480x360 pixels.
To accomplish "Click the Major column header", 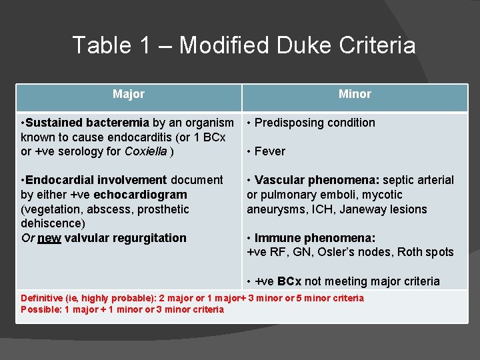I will pos(129,94).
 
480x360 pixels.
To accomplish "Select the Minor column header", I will pos(355,94).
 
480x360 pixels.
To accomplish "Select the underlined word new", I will pos(49,238).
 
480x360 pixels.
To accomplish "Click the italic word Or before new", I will pos(27,238).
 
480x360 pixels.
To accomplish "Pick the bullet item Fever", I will pos(269,151).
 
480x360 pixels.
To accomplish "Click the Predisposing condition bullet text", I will pos(315,123).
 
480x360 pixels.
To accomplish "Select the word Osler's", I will pos(346,252).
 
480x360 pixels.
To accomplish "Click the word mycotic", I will pos(383,195).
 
